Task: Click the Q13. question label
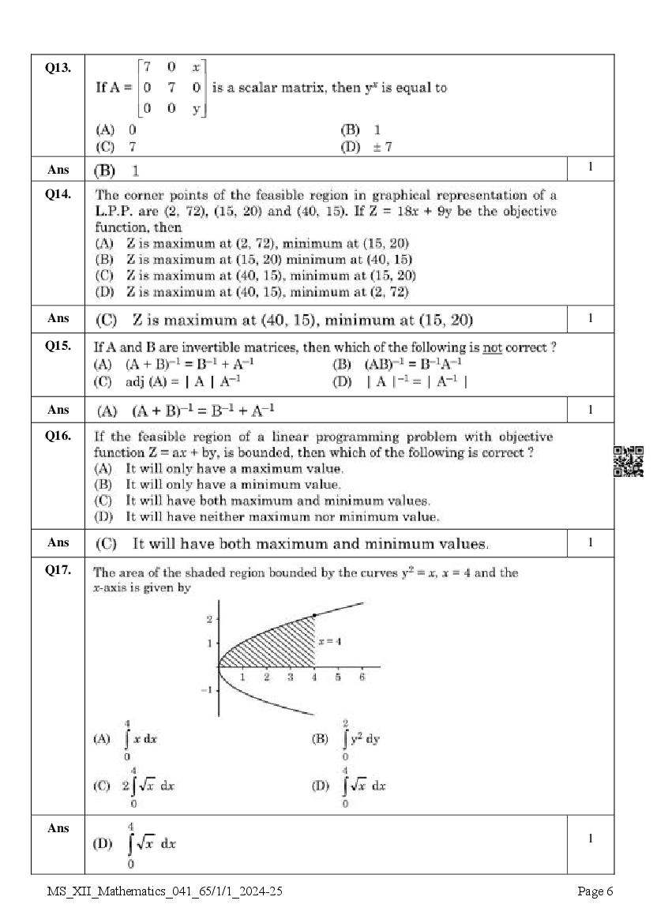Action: [x=58, y=68]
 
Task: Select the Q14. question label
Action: [x=58, y=193]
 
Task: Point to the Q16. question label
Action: [x=58, y=435]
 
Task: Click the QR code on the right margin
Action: [x=629, y=461]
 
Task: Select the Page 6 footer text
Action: [x=595, y=891]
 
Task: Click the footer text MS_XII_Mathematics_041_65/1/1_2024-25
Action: [x=164, y=891]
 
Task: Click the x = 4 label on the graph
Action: [x=329, y=642]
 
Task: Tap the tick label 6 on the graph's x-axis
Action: [x=362, y=677]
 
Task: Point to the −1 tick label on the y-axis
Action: [x=207, y=690]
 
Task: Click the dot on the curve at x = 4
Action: [x=315, y=614]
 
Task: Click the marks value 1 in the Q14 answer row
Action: [x=590, y=318]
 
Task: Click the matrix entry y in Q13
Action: [x=196, y=109]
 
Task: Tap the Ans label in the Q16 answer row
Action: [x=58, y=542]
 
